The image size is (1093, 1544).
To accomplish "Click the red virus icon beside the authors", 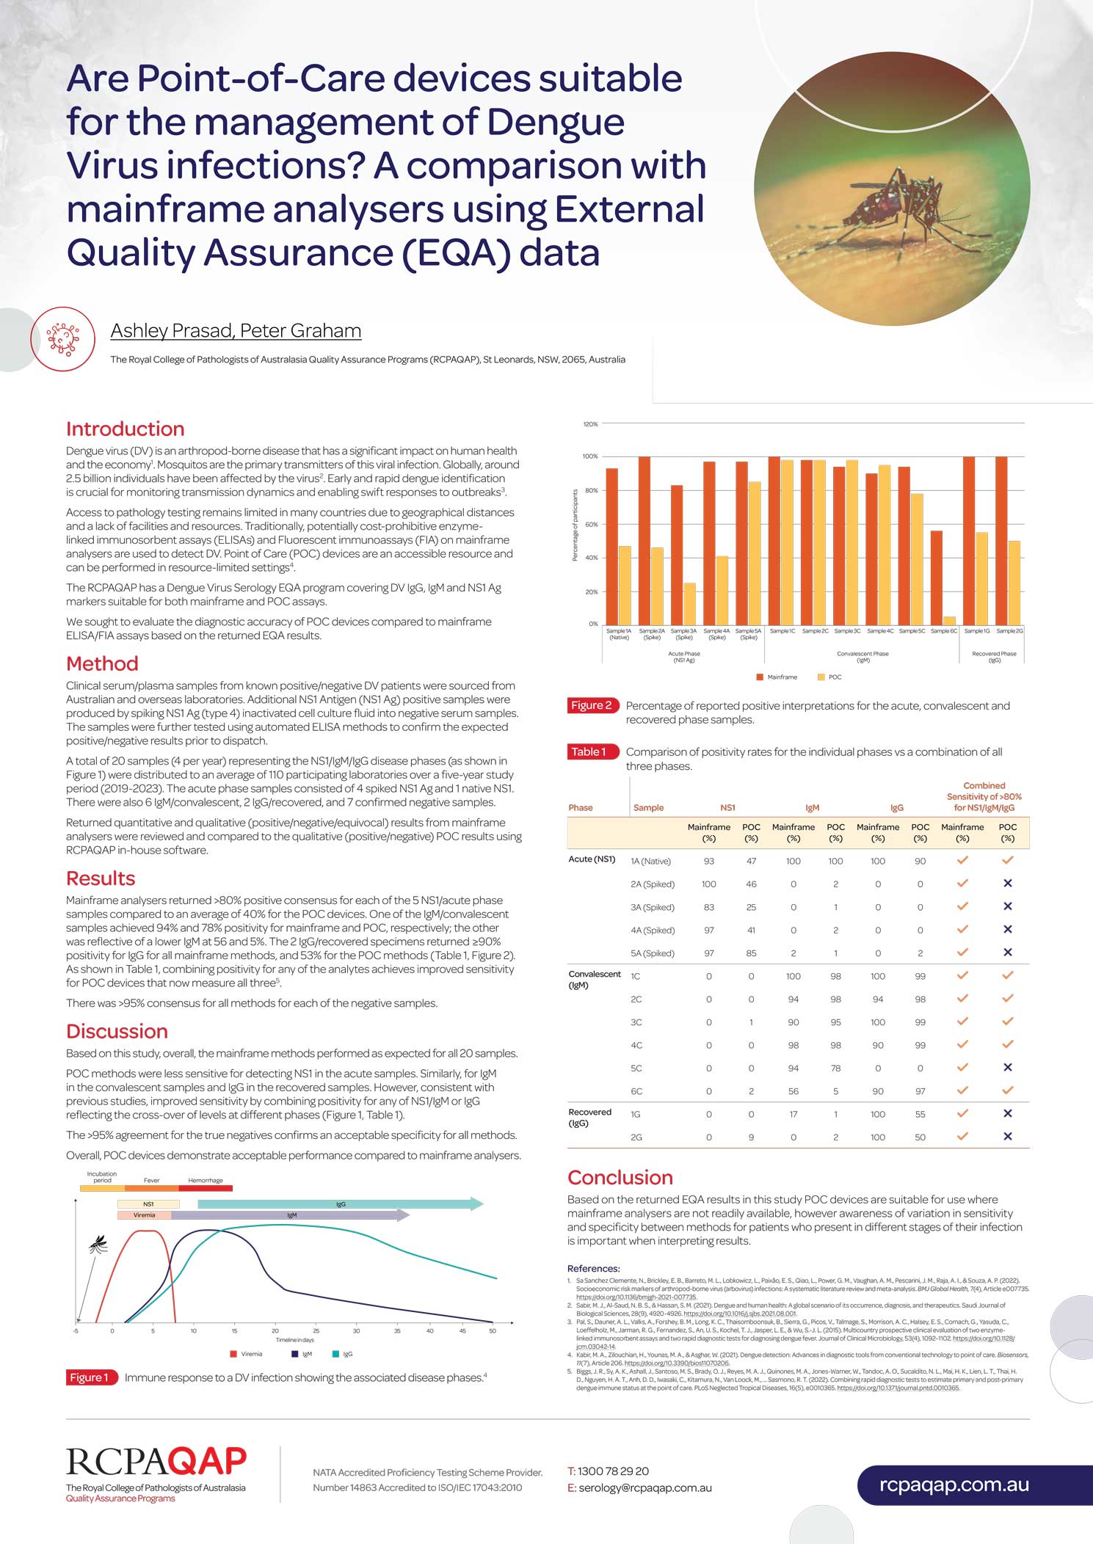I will (63, 338).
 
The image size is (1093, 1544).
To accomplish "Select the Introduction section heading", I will (125, 429).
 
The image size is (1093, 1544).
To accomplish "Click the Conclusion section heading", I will (620, 1178).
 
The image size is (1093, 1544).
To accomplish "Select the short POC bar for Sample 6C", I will (949, 620).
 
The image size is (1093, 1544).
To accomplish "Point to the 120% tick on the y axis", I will (590, 424).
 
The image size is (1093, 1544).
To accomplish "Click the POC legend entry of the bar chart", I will (829, 677).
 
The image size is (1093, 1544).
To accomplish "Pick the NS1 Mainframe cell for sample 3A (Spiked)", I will (708, 907).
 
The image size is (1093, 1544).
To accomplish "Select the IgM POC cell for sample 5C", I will (835, 1068).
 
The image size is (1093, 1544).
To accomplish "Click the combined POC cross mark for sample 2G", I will (1007, 1137).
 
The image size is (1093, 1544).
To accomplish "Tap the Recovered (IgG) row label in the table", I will (589, 1118).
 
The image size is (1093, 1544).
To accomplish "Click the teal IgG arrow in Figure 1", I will (341, 1204).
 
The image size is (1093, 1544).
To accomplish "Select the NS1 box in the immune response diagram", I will (148, 1204).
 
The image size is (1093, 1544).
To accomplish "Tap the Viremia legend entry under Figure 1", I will (247, 1354).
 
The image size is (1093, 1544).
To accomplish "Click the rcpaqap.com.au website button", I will (954, 1485).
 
